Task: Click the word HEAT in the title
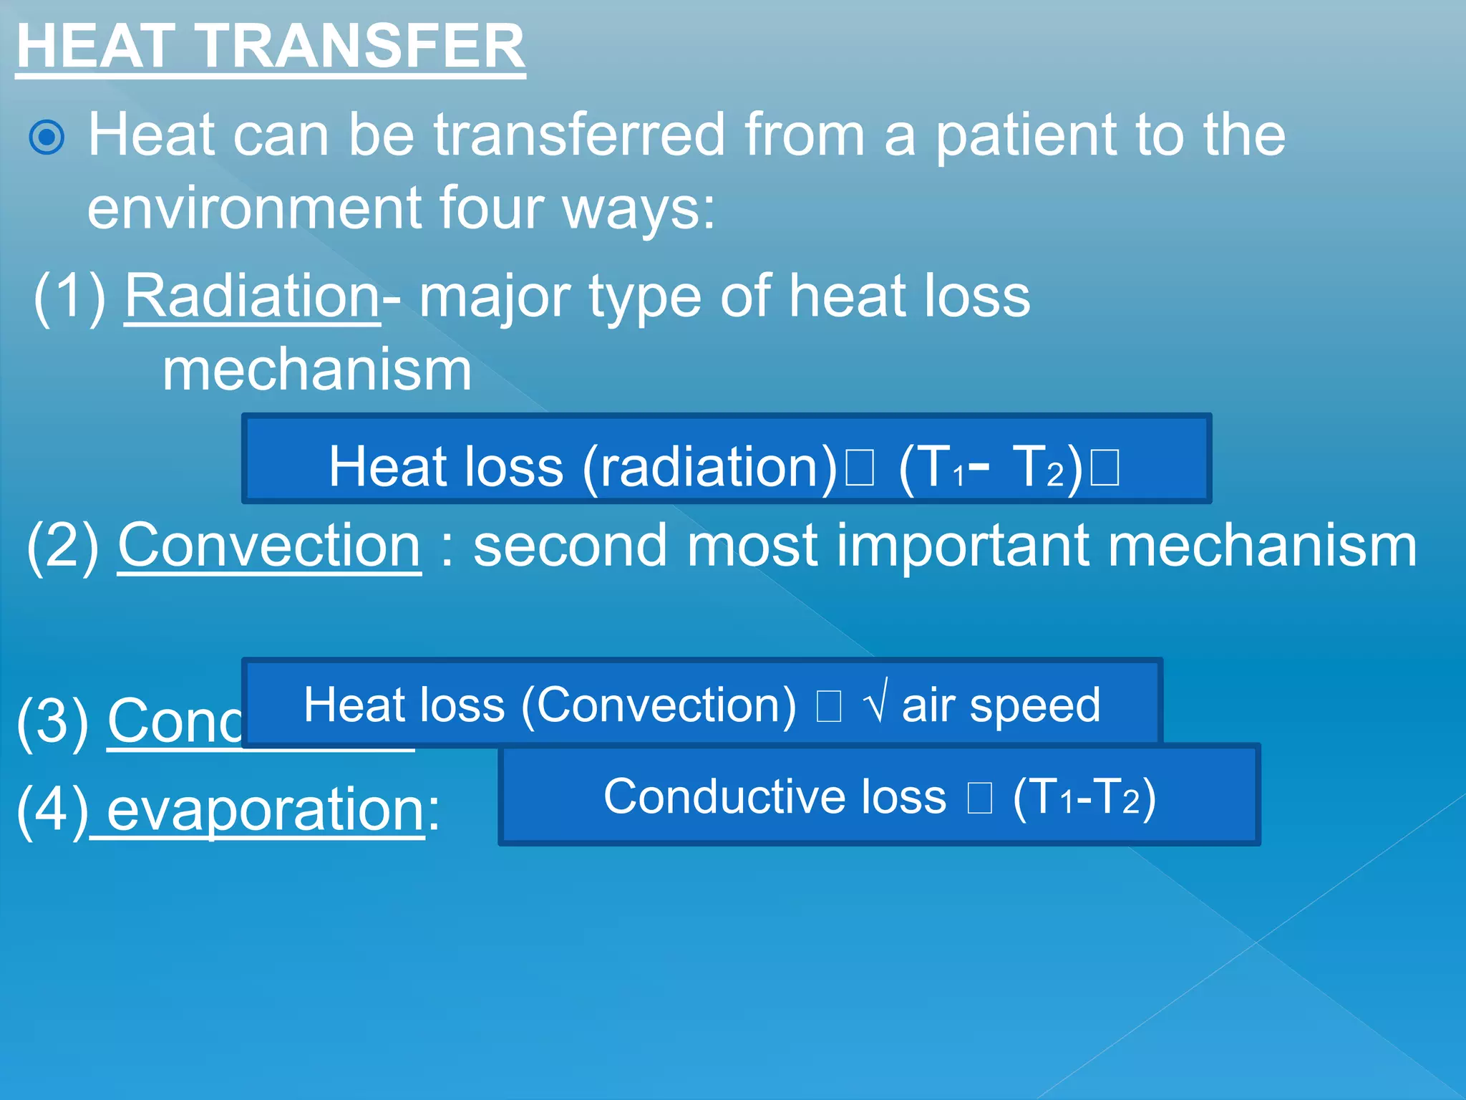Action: [96, 47]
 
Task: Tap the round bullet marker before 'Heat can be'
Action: [47, 137]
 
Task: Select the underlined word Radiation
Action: [252, 296]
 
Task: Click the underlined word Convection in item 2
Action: [269, 546]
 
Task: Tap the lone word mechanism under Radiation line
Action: [317, 370]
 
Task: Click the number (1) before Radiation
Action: [70, 296]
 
